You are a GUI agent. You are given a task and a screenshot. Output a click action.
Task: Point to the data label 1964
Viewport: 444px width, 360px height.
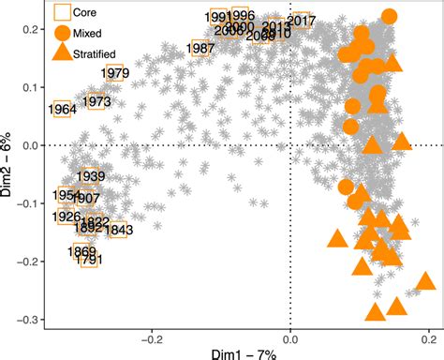62,110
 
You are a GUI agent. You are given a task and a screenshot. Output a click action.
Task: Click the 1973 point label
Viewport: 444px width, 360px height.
96,101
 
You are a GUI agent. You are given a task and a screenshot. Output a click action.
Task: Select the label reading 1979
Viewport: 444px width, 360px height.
113,73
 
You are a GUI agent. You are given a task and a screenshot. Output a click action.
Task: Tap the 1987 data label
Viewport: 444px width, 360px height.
200,48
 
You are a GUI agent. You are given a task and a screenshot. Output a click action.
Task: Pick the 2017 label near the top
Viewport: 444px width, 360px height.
300,21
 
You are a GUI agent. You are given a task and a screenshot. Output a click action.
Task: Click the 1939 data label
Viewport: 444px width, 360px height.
90,176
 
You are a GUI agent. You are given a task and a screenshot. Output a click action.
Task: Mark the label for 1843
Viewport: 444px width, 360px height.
119,230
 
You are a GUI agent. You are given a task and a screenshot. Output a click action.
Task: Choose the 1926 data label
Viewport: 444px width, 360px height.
67,217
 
